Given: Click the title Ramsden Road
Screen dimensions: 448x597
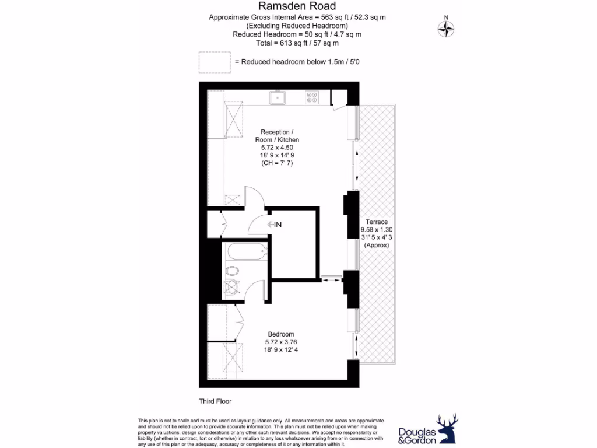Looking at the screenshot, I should point(297,6).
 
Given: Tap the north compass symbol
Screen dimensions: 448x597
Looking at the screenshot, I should point(447,28).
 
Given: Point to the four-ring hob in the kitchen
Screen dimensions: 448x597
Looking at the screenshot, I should point(312,98).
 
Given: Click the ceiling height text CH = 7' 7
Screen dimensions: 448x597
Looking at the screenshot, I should point(277,163).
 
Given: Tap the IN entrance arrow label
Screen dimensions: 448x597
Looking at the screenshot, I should point(275,225).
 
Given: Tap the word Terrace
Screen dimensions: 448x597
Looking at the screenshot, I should point(376,222).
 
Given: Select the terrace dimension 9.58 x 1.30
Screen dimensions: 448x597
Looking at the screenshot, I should point(376,230).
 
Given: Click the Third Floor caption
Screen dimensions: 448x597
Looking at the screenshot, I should point(216,401).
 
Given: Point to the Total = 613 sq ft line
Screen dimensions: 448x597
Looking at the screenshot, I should point(297,43).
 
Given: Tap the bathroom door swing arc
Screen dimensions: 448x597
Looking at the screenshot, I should point(252,291).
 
